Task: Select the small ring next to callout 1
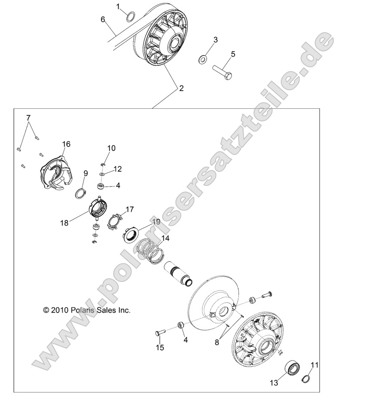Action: pyautogui.click(x=131, y=18)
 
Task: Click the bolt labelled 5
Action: pyautogui.click(x=222, y=71)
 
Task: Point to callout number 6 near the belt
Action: pyautogui.click(x=103, y=19)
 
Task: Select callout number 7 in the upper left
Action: pyautogui.click(x=28, y=117)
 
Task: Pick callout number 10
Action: pyautogui.click(x=111, y=148)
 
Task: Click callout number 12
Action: pyautogui.click(x=118, y=169)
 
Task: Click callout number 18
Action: pyautogui.click(x=64, y=223)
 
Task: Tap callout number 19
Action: pyautogui.click(x=156, y=222)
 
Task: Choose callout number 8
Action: pyautogui.click(x=217, y=342)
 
